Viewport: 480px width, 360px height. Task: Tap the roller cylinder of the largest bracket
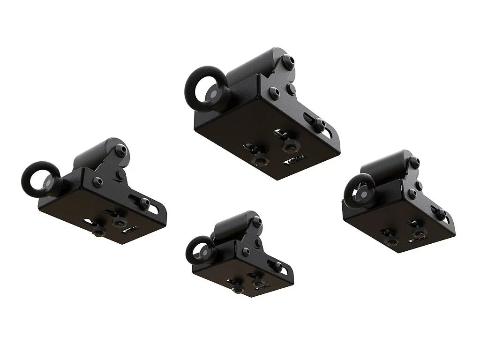coord(255,65)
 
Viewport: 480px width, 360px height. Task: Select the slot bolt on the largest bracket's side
coord(320,124)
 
